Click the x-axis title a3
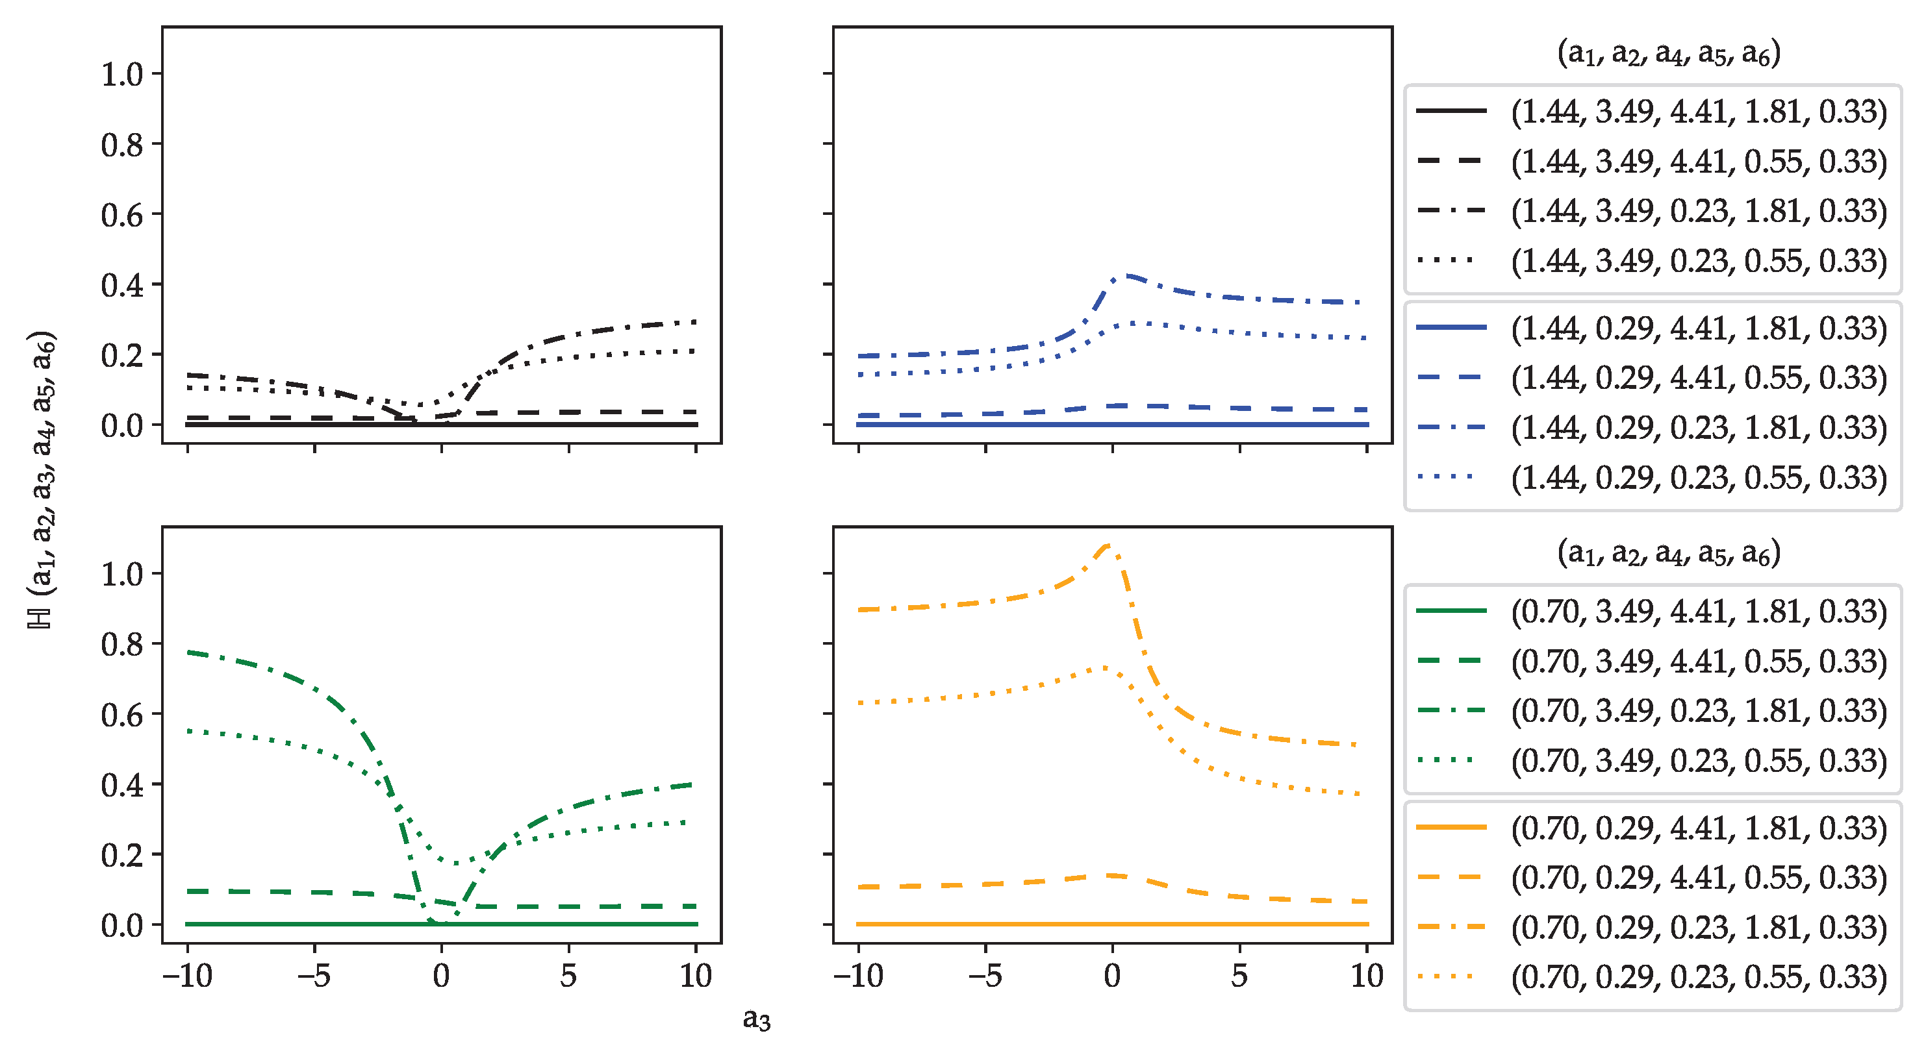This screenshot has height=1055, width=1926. tap(756, 1019)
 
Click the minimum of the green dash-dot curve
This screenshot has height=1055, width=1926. tap(441, 923)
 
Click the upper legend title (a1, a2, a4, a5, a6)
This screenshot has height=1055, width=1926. tap(1668, 53)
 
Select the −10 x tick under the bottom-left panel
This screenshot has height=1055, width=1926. tap(187, 976)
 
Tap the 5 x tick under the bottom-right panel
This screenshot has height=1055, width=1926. tap(1239, 976)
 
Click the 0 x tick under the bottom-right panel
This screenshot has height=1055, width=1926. tap(1113, 976)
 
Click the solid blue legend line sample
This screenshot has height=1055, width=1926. tap(1451, 327)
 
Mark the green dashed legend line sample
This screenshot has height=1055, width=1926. tap(1451, 660)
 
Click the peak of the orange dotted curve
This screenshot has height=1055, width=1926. tap(1105, 667)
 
